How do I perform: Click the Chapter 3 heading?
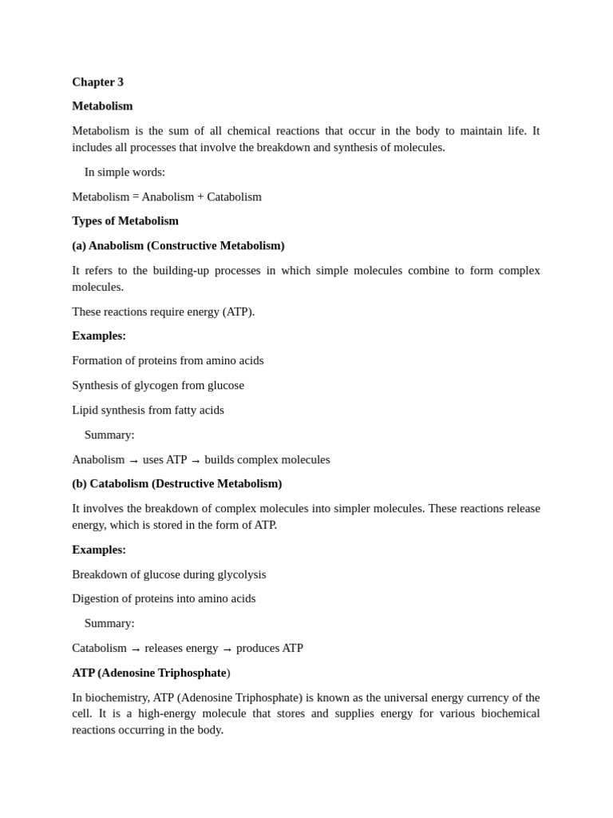[97, 82]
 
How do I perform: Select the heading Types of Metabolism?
[125, 221]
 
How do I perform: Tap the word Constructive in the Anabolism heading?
[184, 246]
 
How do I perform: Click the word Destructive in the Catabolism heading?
[184, 484]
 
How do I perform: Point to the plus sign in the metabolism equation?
[200, 197]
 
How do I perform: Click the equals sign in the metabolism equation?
[136, 197]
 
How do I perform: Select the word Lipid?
[85, 411]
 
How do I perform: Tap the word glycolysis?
[237, 575]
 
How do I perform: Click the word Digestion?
[97, 599]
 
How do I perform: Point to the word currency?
[499, 697]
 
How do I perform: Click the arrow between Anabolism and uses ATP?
[134, 461]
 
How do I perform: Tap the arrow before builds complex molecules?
[196, 461]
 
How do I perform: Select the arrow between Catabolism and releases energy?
[136, 649]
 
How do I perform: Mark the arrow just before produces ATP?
[227, 649]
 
